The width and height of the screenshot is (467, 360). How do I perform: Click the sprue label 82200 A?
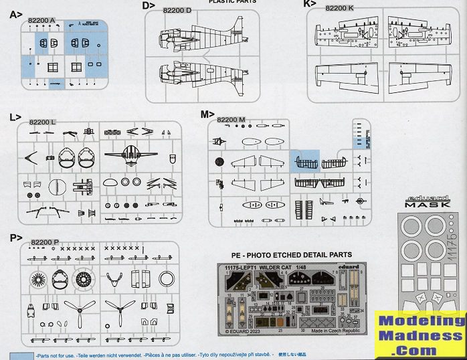41,20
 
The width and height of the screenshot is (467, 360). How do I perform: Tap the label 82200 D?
177,10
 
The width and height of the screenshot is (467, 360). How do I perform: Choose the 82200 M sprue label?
231,119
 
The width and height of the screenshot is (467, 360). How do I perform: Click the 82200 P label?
45,241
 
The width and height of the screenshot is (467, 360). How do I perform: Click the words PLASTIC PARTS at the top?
233,2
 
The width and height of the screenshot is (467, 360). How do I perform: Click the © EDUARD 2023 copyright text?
246,331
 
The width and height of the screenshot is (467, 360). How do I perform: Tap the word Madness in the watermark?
422,336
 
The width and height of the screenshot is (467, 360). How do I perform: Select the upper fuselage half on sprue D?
194,38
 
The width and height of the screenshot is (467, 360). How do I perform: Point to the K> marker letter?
308,4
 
